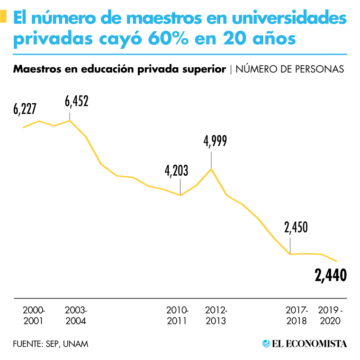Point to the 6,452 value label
click(x=77, y=101)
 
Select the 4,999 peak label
click(x=215, y=141)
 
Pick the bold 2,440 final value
click(x=331, y=274)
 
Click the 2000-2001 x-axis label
click(x=34, y=315)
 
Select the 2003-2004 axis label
click(x=76, y=315)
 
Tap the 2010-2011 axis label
click(x=177, y=315)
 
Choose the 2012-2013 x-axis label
click(x=216, y=315)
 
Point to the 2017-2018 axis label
click(x=297, y=315)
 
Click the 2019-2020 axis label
click(x=331, y=315)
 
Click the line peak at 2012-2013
click(x=211, y=169)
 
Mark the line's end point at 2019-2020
click(x=337, y=261)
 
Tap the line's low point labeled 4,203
click(x=180, y=195)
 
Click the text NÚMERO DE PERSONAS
click(x=290, y=69)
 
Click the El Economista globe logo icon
click(x=267, y=343)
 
